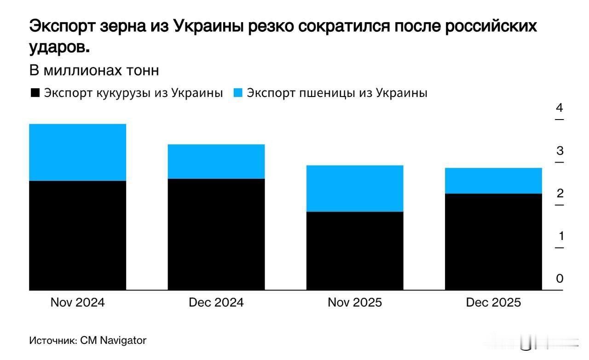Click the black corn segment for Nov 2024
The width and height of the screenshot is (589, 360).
[x=78, y=235]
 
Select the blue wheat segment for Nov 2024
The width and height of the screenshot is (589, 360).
[x=78, y=152]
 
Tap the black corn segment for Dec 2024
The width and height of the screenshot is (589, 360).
[x=216, y=234]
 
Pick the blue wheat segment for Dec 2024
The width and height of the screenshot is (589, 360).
[x=216, y=161]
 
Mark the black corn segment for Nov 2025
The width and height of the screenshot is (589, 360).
[x=355, y=251]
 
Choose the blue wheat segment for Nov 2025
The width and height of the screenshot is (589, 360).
[x=355, y=188]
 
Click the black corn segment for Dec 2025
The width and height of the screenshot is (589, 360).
[x=493, y=242]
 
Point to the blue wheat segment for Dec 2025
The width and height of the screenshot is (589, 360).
[x=493, y=181]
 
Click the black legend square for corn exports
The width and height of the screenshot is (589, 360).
[x=35, y=93]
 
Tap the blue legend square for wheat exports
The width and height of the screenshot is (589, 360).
[x=238, y=93]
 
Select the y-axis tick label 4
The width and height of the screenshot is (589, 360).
[x=560, y=109]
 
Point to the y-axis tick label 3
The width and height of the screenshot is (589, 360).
[x=560, y=151]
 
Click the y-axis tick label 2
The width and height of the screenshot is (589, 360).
[x=560, y=194]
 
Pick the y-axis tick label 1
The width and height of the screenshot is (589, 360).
[x=560, y=236]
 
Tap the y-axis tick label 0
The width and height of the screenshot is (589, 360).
[x=560, y=279]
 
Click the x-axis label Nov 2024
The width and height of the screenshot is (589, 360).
[x=78, y=303]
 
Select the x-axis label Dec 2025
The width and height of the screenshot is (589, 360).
[x=493, y=303]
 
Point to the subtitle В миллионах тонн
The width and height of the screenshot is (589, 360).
[x=94, y=71]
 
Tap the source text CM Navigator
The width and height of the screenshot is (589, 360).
[x=113, y=341]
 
